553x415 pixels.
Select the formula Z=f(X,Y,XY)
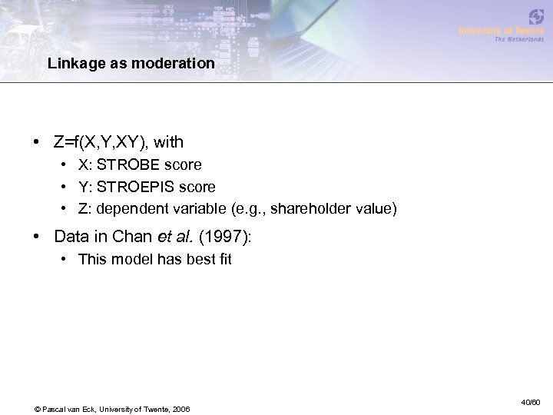click(x=101, y=142)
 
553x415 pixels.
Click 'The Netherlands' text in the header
click(x=520, y=38)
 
